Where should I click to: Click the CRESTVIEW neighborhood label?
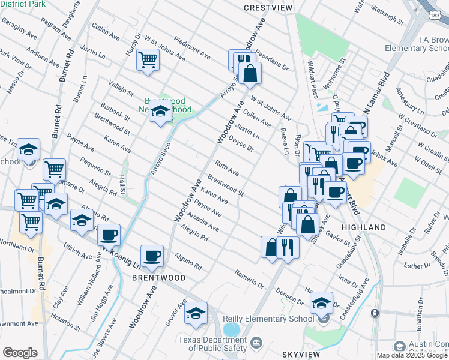click(268, 7)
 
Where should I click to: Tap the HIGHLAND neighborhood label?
click(364, 228)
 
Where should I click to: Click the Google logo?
click(20, 353)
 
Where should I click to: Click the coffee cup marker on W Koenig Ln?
click(109, 235)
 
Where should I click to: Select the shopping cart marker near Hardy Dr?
click(148, 59)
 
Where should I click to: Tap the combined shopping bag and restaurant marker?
click(279, 247)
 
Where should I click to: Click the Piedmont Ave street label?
click(191, 47)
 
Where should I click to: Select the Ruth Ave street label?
click(227, 167)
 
